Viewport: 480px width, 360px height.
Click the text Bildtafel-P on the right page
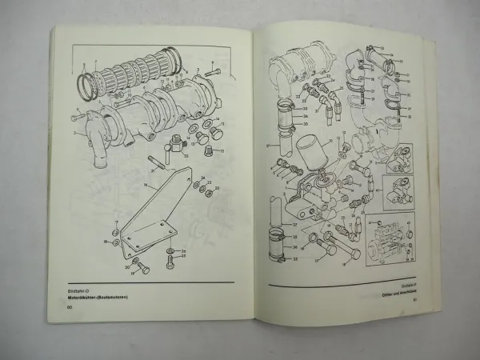tap(408, 283)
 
